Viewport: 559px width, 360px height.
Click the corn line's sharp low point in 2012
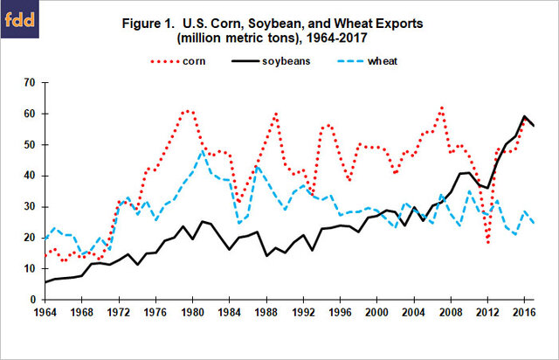488,242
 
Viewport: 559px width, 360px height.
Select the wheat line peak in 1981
204,151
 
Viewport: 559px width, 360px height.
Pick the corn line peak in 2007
443,107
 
